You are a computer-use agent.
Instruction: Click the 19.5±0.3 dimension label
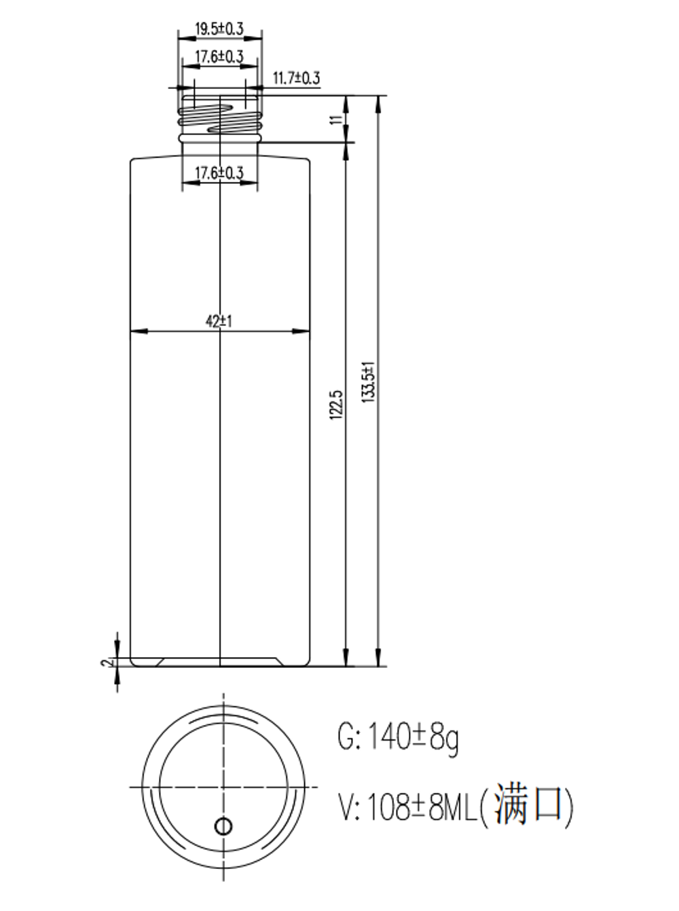pyautogui.click(x=219, y=29)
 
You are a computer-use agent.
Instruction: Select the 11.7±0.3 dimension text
pyautogui.click(x=296, y=77)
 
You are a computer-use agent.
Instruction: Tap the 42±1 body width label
pyautogui.click(x=219, y=321)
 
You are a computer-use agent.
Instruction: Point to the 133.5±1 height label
pyautogui.click(x=369, y=382)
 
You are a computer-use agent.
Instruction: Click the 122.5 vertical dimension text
pyautogui.click(x=336, y=405)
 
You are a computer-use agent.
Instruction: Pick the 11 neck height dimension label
pyautogui.click(x=336, y=119)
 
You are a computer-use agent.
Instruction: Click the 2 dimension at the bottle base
pyautogui.click(x=106, y=663)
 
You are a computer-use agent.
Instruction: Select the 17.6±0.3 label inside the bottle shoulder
pyautogui.click(x=219, y=173)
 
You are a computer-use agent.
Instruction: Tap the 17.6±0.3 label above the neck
pyautogui.click(x=219, y=56)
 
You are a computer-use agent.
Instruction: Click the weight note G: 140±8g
pyautogui.click(x=398, y=738)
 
